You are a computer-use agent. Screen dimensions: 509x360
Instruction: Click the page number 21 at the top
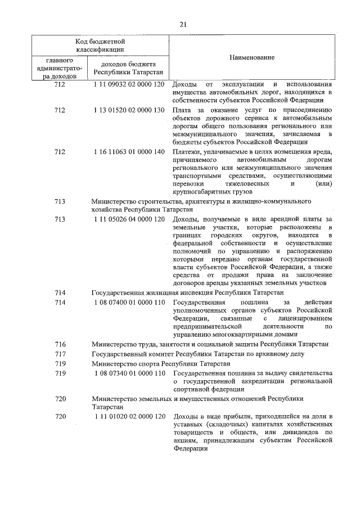pyautogui.click(x=183, y=24)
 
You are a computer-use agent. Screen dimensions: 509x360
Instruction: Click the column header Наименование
pyautogui.click(x=252, y=58)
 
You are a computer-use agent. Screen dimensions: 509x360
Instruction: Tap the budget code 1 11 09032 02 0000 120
pyautogui.click(x=129, y=84)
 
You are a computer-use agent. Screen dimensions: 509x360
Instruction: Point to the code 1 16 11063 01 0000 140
pyautogui.click(x=129, y=152)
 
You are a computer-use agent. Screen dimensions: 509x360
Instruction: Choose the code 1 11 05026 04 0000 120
pyautogui.click(x=129, y=218)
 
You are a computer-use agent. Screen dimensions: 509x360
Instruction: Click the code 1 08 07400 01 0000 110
pyautogui.click(x=129, y=302)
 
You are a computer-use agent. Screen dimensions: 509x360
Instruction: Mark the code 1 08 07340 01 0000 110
pyautogui.click(x=129, y=373)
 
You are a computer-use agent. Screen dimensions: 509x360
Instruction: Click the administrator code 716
pyautogui.click(x=60, y=344)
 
